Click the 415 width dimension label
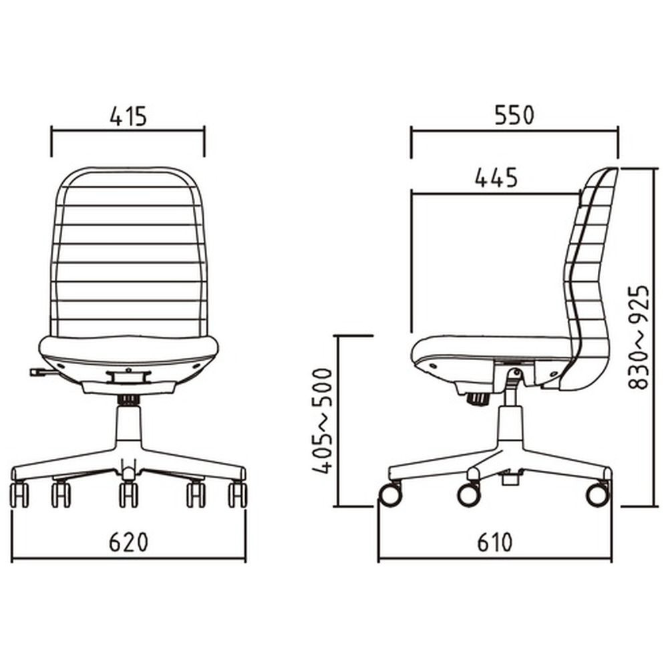tap(128, 116)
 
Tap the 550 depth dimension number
tap(514, 115)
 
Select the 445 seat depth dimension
tap(496, 178)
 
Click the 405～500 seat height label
tap(323, 421)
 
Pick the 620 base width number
tap(129, 542)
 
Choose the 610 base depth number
tap(494, 542)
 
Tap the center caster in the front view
tap(128, 494)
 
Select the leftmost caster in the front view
tap(19, 494)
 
